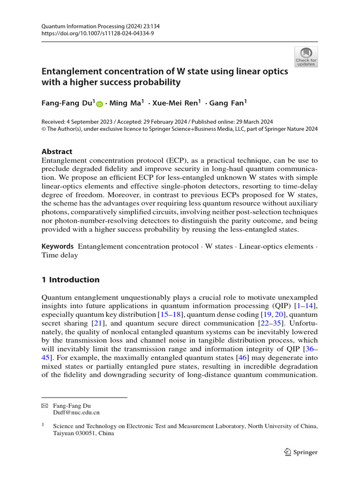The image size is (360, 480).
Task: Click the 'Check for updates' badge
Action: click(x=306, y=57)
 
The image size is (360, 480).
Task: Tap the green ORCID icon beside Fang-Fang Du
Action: click(x=99, y=104)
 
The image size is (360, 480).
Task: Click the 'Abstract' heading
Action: click(x=57, y=151)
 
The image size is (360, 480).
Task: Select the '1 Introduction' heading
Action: click(x=71, y=280)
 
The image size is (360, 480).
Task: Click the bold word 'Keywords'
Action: click(x=58, y=246)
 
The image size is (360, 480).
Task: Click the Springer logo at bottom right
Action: click(x=301, y=452)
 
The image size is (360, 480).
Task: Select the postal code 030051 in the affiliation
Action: click(x=89, y=434)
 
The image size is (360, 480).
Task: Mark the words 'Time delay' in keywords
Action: click(x=60, y=255)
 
